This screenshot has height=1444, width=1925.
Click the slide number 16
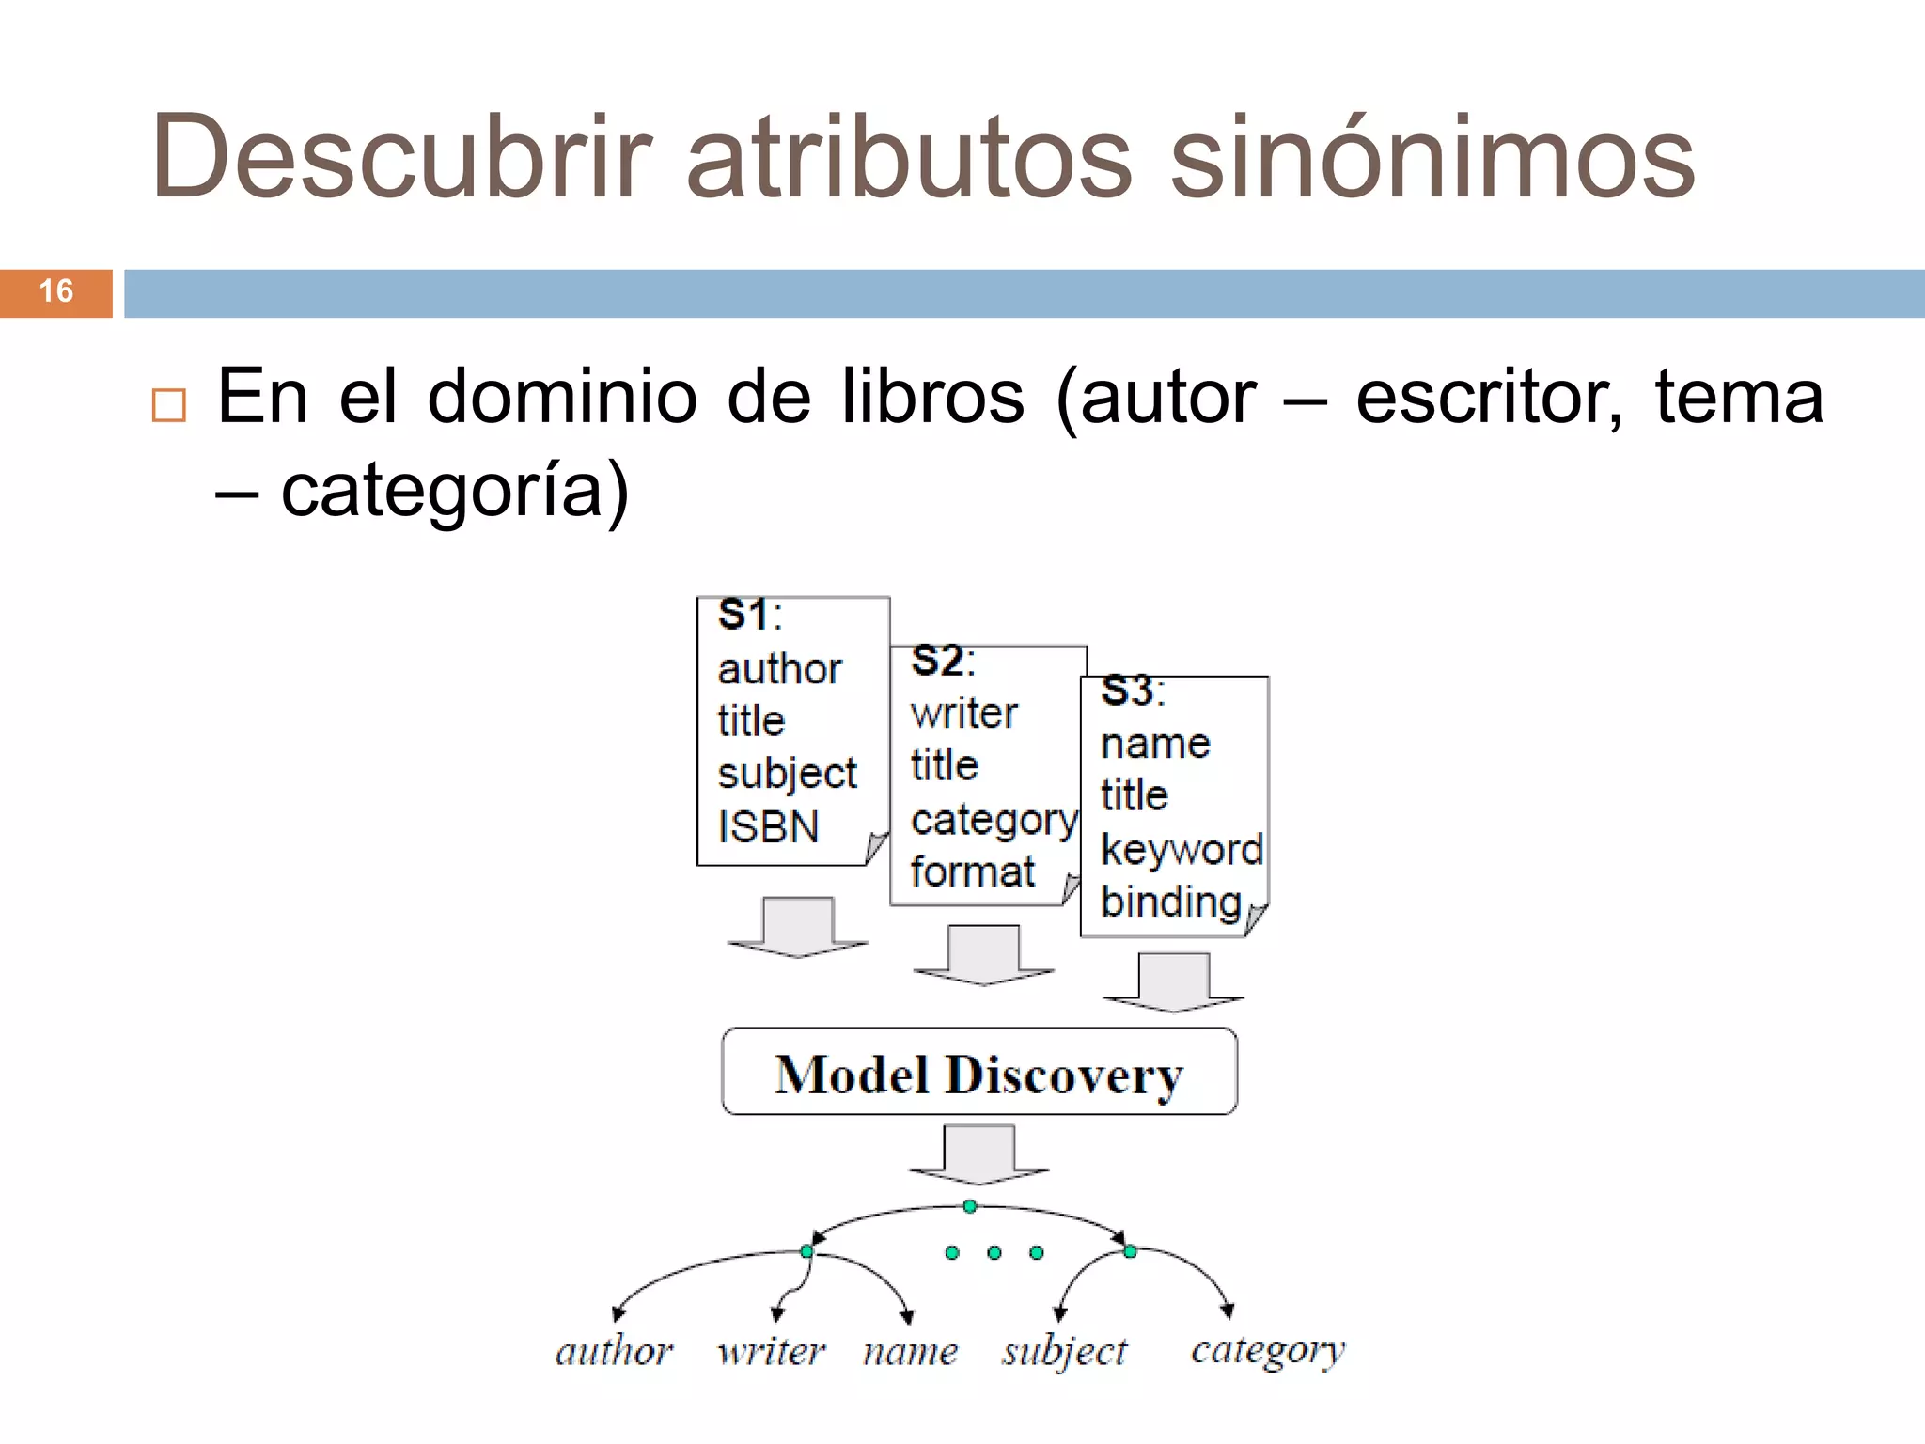pyautogui.click(x=56, y=291)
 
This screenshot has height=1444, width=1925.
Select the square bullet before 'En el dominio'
pyautogui.click(x=169, y=404)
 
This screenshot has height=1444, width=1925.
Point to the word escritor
pyautogui.click(x=1489, y=397)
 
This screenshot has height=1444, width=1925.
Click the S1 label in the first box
pyautogui.click(x=748, y=616)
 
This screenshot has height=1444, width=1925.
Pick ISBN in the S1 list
pyautogui.click(x=768, y=827)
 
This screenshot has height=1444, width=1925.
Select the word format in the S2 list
pyautogui.click(x=972, y=871)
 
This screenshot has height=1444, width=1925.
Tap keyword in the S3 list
pyautogui.click(x=1182, y=849)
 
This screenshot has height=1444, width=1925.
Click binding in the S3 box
pyautogui.click(x=1171, y=902)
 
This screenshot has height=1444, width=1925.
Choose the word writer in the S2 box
pyautogui.click(x=963, y=714)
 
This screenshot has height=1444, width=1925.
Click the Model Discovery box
pyautogui.click(x=978, y=1073)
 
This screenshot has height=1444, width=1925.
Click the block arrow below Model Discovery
pyautogui.click(x=978, y=1154)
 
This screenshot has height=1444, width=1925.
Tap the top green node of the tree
pyautogui.click(x=970, y=1206)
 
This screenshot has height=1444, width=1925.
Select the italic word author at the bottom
pyautogui.click(x=614, y=1352)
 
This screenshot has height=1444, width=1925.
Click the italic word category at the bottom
pyautogui.click(x=1268, y=1352)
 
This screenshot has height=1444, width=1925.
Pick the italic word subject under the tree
pyautogui.click(x=1064, y=1352)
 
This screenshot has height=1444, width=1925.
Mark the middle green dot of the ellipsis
pyautogui.click(x=994, y=1252)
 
